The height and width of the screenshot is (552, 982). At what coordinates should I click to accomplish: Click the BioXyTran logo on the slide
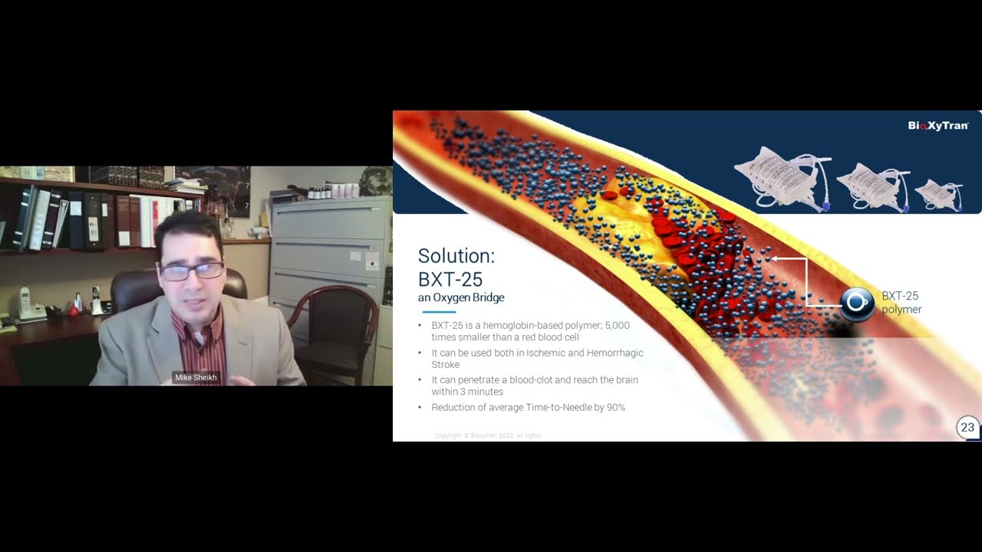938,126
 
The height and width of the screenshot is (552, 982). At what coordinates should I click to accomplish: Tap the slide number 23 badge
967,428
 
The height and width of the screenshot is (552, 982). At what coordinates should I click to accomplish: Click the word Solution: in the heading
456,256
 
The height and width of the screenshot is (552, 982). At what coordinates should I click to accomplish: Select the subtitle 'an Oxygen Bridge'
461,297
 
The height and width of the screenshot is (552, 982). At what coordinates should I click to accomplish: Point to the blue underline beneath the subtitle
439,312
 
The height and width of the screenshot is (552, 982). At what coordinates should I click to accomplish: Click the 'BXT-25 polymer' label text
901,303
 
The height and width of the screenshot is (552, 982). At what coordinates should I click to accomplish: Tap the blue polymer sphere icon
856,303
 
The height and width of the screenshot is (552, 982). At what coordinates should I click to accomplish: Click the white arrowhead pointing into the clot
774,259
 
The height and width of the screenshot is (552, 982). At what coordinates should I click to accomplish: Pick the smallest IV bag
939,195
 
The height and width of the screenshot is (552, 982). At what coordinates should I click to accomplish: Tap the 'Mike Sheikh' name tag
196,378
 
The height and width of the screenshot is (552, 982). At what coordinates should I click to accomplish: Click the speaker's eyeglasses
191,270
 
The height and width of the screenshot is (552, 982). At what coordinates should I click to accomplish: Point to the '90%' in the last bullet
615,408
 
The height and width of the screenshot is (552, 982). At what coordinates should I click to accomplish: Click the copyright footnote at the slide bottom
488,435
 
